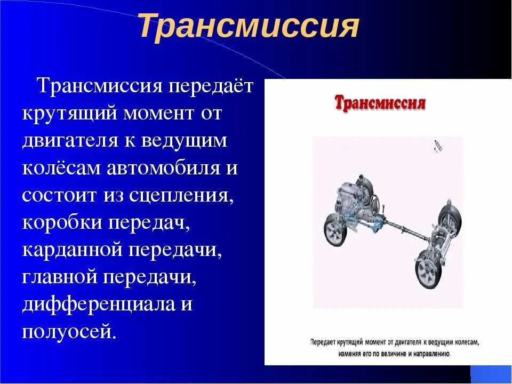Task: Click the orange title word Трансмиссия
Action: [249, 27]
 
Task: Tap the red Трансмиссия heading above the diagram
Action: [380, 102]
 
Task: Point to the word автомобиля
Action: [163, 169]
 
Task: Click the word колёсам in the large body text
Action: [61, 169]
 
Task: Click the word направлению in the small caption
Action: [427, 353]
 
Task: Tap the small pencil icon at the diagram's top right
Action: [438, 145]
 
